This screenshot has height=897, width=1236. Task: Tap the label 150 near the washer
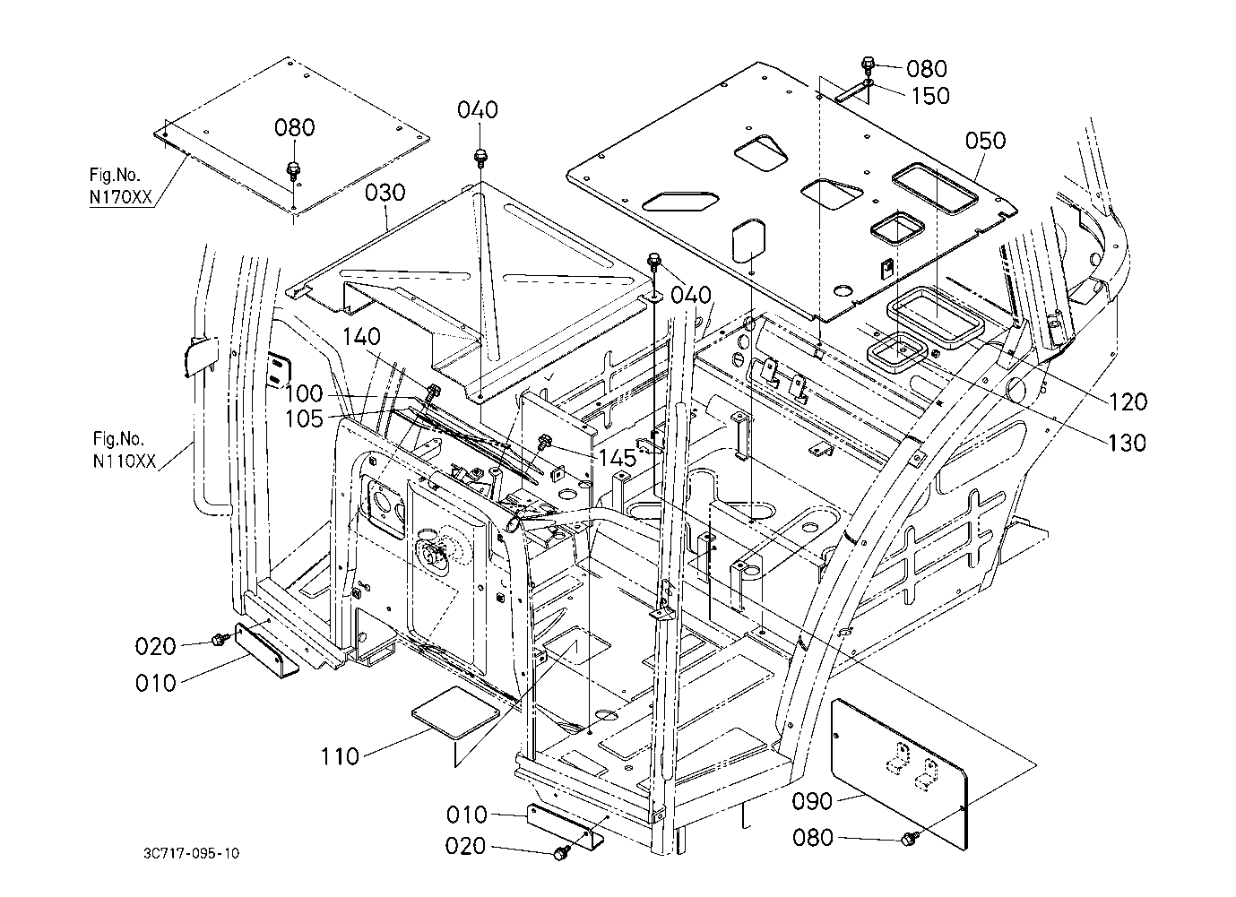click(930, 96)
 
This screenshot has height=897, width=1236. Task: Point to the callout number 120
click(1127, 402)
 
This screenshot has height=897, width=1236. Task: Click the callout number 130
click(1127, 443)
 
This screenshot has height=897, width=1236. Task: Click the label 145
click(618, 458)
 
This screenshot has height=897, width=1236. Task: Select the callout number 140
click(360, 337)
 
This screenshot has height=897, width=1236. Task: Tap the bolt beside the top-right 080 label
click(868, 64)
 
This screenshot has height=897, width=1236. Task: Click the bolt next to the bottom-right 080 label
click(911, 837)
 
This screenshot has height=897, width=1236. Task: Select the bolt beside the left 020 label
click(219, 638)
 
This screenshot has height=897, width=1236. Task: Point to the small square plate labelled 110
click(454, 710)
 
